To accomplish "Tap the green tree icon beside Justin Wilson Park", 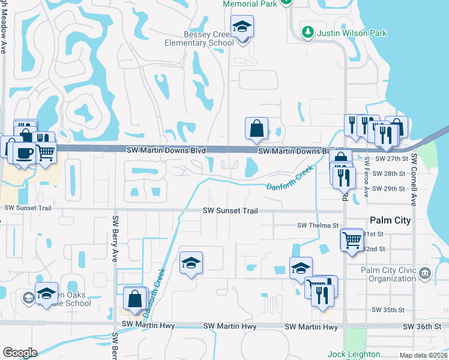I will pyautogui.click(x=308, y=31).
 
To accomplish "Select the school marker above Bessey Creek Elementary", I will pyautogui.click(x=242, y=28).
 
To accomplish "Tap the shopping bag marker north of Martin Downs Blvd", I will pyautogui.click(x=256, y=129).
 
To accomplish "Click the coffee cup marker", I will pyautogui.click(x=24, y=154).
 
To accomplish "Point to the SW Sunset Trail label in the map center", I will pyautogui.click(x=230, y=211).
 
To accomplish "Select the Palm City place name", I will pyautogui.click(x=390, y=220).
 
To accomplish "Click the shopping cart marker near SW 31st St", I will pyautogui.click(x=351, y=240).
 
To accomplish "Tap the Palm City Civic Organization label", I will pyautogui.click(x=388, y=274).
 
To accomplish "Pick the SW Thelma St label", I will pyautogui.click(x=318, y=226).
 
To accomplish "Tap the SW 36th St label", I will pyautogui.click(x=423, y=326).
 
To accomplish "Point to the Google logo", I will pyautogui.click(x=20, y=353).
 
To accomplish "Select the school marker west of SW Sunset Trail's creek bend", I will pyautogui.click(x=191, y=263).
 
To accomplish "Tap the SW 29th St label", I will pyautogui.click(x=390, y=189).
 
